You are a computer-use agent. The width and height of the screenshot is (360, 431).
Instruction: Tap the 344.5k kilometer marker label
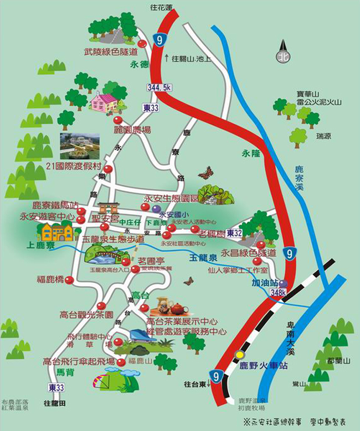tap(160, 87)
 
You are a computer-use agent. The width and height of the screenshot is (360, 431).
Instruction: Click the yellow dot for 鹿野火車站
tap(239, 355)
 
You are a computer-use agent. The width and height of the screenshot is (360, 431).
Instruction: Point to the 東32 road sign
tap(234, 233)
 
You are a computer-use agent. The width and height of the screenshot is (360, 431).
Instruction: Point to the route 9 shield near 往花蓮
tap(160, 39)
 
